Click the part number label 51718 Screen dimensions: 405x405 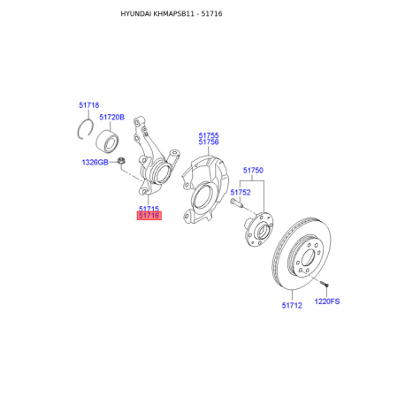[89, 105]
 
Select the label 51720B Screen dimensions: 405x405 [111, 118]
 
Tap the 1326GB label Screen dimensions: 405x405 [95, 162]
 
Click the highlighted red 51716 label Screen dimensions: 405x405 [149, 216]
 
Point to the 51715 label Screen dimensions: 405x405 [149, 209]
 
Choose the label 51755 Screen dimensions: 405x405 [209, 135]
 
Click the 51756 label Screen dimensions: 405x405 [209, 142]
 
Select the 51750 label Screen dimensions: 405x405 [253, 171]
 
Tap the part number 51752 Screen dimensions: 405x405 [241, 193]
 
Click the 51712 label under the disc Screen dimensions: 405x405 [292, 305]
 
